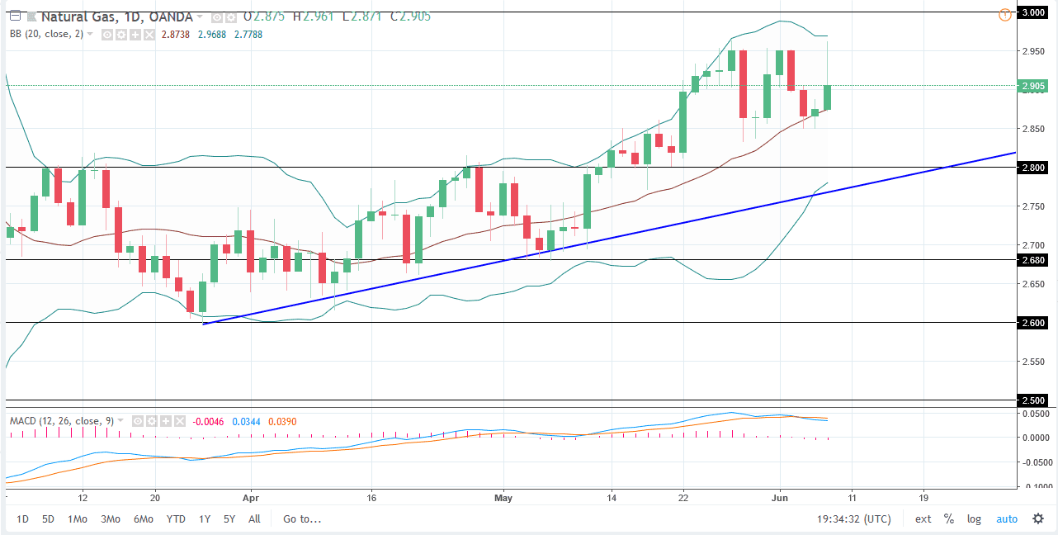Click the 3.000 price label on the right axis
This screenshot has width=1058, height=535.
(1034, 12)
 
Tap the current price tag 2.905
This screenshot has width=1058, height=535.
(1034, 86)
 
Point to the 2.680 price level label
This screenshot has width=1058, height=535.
(1034, 260)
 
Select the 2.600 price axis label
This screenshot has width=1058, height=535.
(1034, 323)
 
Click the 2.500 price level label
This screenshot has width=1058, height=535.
(1034, 400)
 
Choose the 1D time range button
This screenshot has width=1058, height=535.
(23, 519)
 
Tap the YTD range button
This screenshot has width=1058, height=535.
(175, 519)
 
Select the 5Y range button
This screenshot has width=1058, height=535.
(229, 519)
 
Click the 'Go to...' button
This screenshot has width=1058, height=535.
(302, 519)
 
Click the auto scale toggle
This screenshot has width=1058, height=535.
(1007, 519)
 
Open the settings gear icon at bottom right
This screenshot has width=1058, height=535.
(1037, 519)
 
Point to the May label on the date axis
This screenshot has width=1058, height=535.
(503, 499)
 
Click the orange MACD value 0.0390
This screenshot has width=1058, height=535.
(281, 422)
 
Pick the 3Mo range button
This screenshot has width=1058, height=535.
(110, 519)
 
